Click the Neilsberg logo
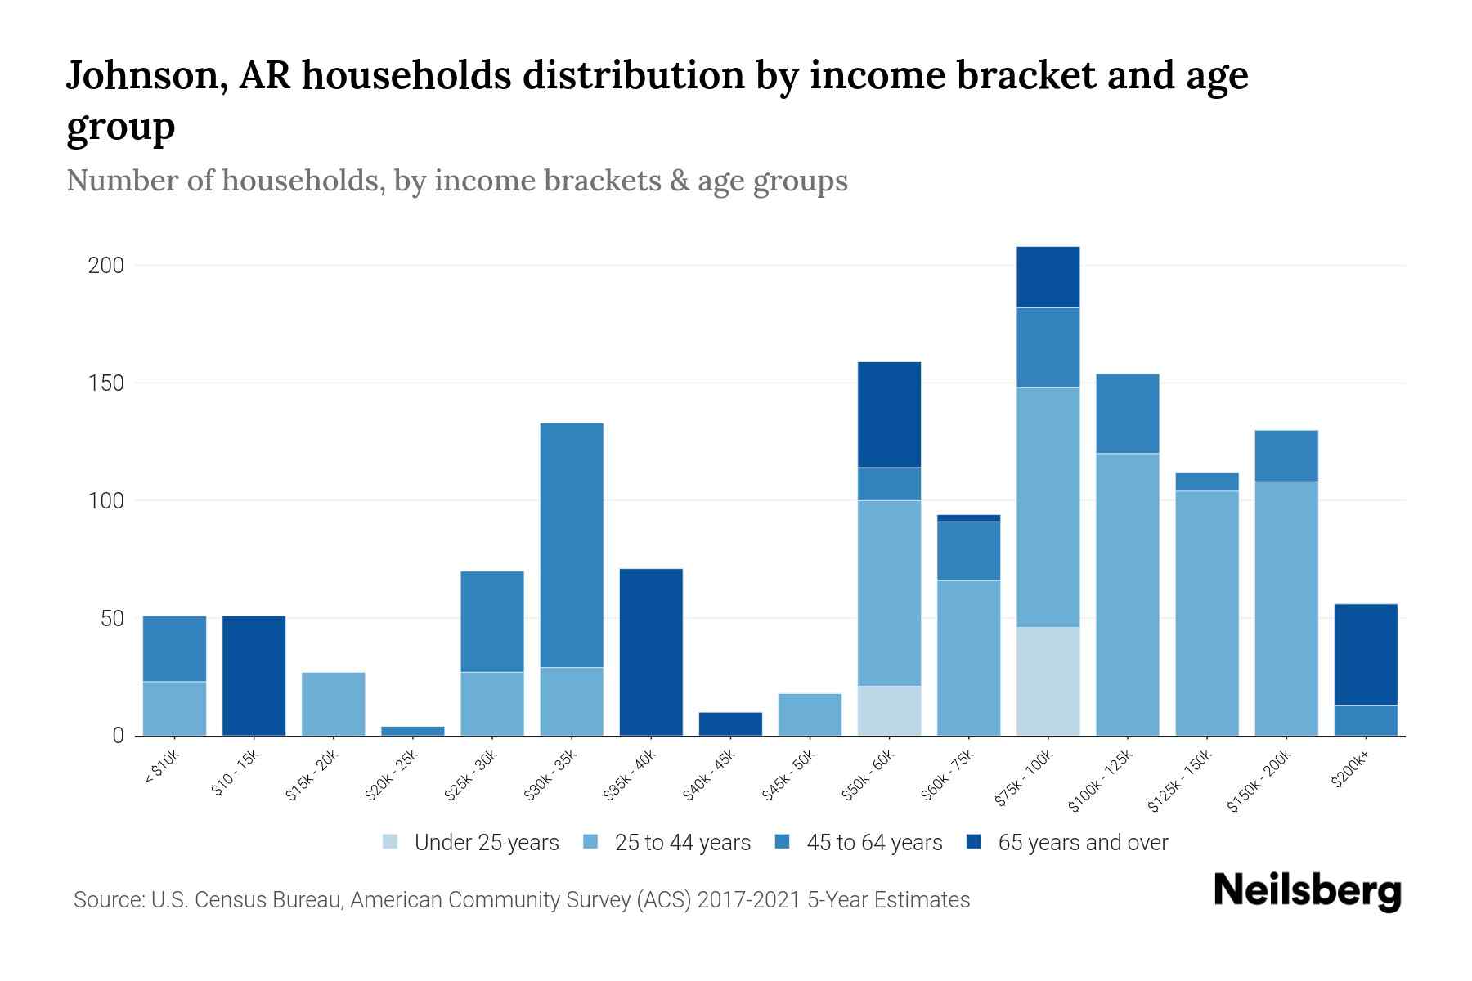[x=1307, y=890]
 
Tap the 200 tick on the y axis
[x=106, y=266]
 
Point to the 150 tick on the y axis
[x=106, y=383]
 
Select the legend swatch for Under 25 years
[x=391, y=842]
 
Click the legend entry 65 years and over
[x=1082, y=842]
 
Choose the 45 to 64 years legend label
[x=873, y=842]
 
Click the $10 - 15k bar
[x=254, y=675]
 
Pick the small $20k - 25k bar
[x=413, y=731]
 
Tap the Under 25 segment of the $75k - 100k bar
[x=1048, y=681]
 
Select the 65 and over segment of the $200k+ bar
[x=1366, y=654]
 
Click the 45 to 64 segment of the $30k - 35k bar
[x=572, y=545]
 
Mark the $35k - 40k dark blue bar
[x=651, y=652]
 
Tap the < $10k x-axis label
[x=161, y=768]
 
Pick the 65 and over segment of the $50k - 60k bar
[x=889, y=414]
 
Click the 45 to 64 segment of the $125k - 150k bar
[x=1206, y=482]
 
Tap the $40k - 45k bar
[x=730, y=724]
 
